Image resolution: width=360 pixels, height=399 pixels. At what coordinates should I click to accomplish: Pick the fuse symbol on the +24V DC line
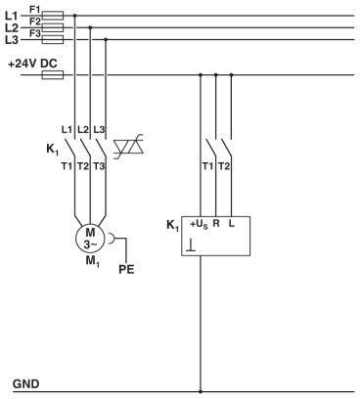[55, 73]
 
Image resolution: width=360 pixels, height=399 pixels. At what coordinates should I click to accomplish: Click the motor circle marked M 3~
[89, 238]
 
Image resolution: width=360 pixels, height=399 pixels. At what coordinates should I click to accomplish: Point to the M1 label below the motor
[90, 262]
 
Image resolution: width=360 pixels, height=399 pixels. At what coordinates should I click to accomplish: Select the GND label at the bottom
[25, 382]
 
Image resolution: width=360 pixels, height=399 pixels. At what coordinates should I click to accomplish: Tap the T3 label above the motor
[99, 168]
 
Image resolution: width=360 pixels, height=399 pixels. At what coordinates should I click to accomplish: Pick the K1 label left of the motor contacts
[53, 150]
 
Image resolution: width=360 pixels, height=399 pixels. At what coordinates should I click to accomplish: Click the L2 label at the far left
[12, 27]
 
